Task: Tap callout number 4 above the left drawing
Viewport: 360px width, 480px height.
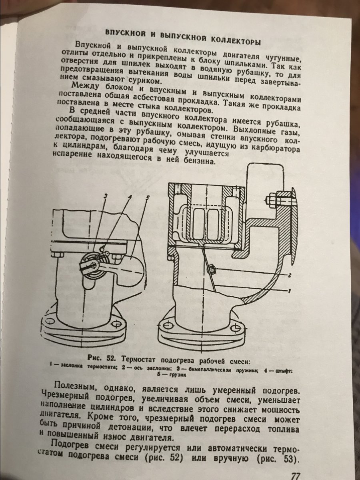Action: (x=130, y=197)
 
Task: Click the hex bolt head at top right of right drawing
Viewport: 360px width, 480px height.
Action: (x=272, y=199)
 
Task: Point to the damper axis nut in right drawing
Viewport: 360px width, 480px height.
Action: (x=211, y=270)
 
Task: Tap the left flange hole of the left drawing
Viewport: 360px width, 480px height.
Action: (x=49, y=321)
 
